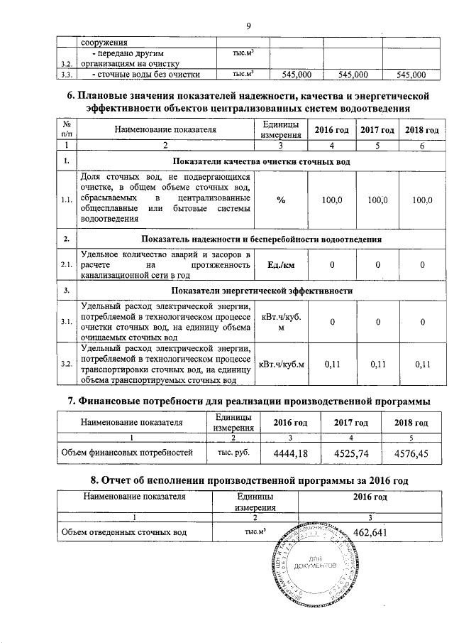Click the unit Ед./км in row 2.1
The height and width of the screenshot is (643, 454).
(x=281, y=265)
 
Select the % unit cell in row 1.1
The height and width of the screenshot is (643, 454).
(x=281, y=201)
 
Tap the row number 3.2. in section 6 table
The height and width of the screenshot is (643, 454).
(x=66, y=364)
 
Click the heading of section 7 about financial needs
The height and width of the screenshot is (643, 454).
(x=248, y=401)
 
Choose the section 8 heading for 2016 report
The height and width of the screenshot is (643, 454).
(x=248, y=480)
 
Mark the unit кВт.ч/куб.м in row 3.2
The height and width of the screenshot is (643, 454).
(x=282, y=364)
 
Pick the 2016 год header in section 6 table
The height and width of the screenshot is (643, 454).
(x=331, y=130)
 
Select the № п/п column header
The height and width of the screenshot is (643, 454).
(x=66, y=129)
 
